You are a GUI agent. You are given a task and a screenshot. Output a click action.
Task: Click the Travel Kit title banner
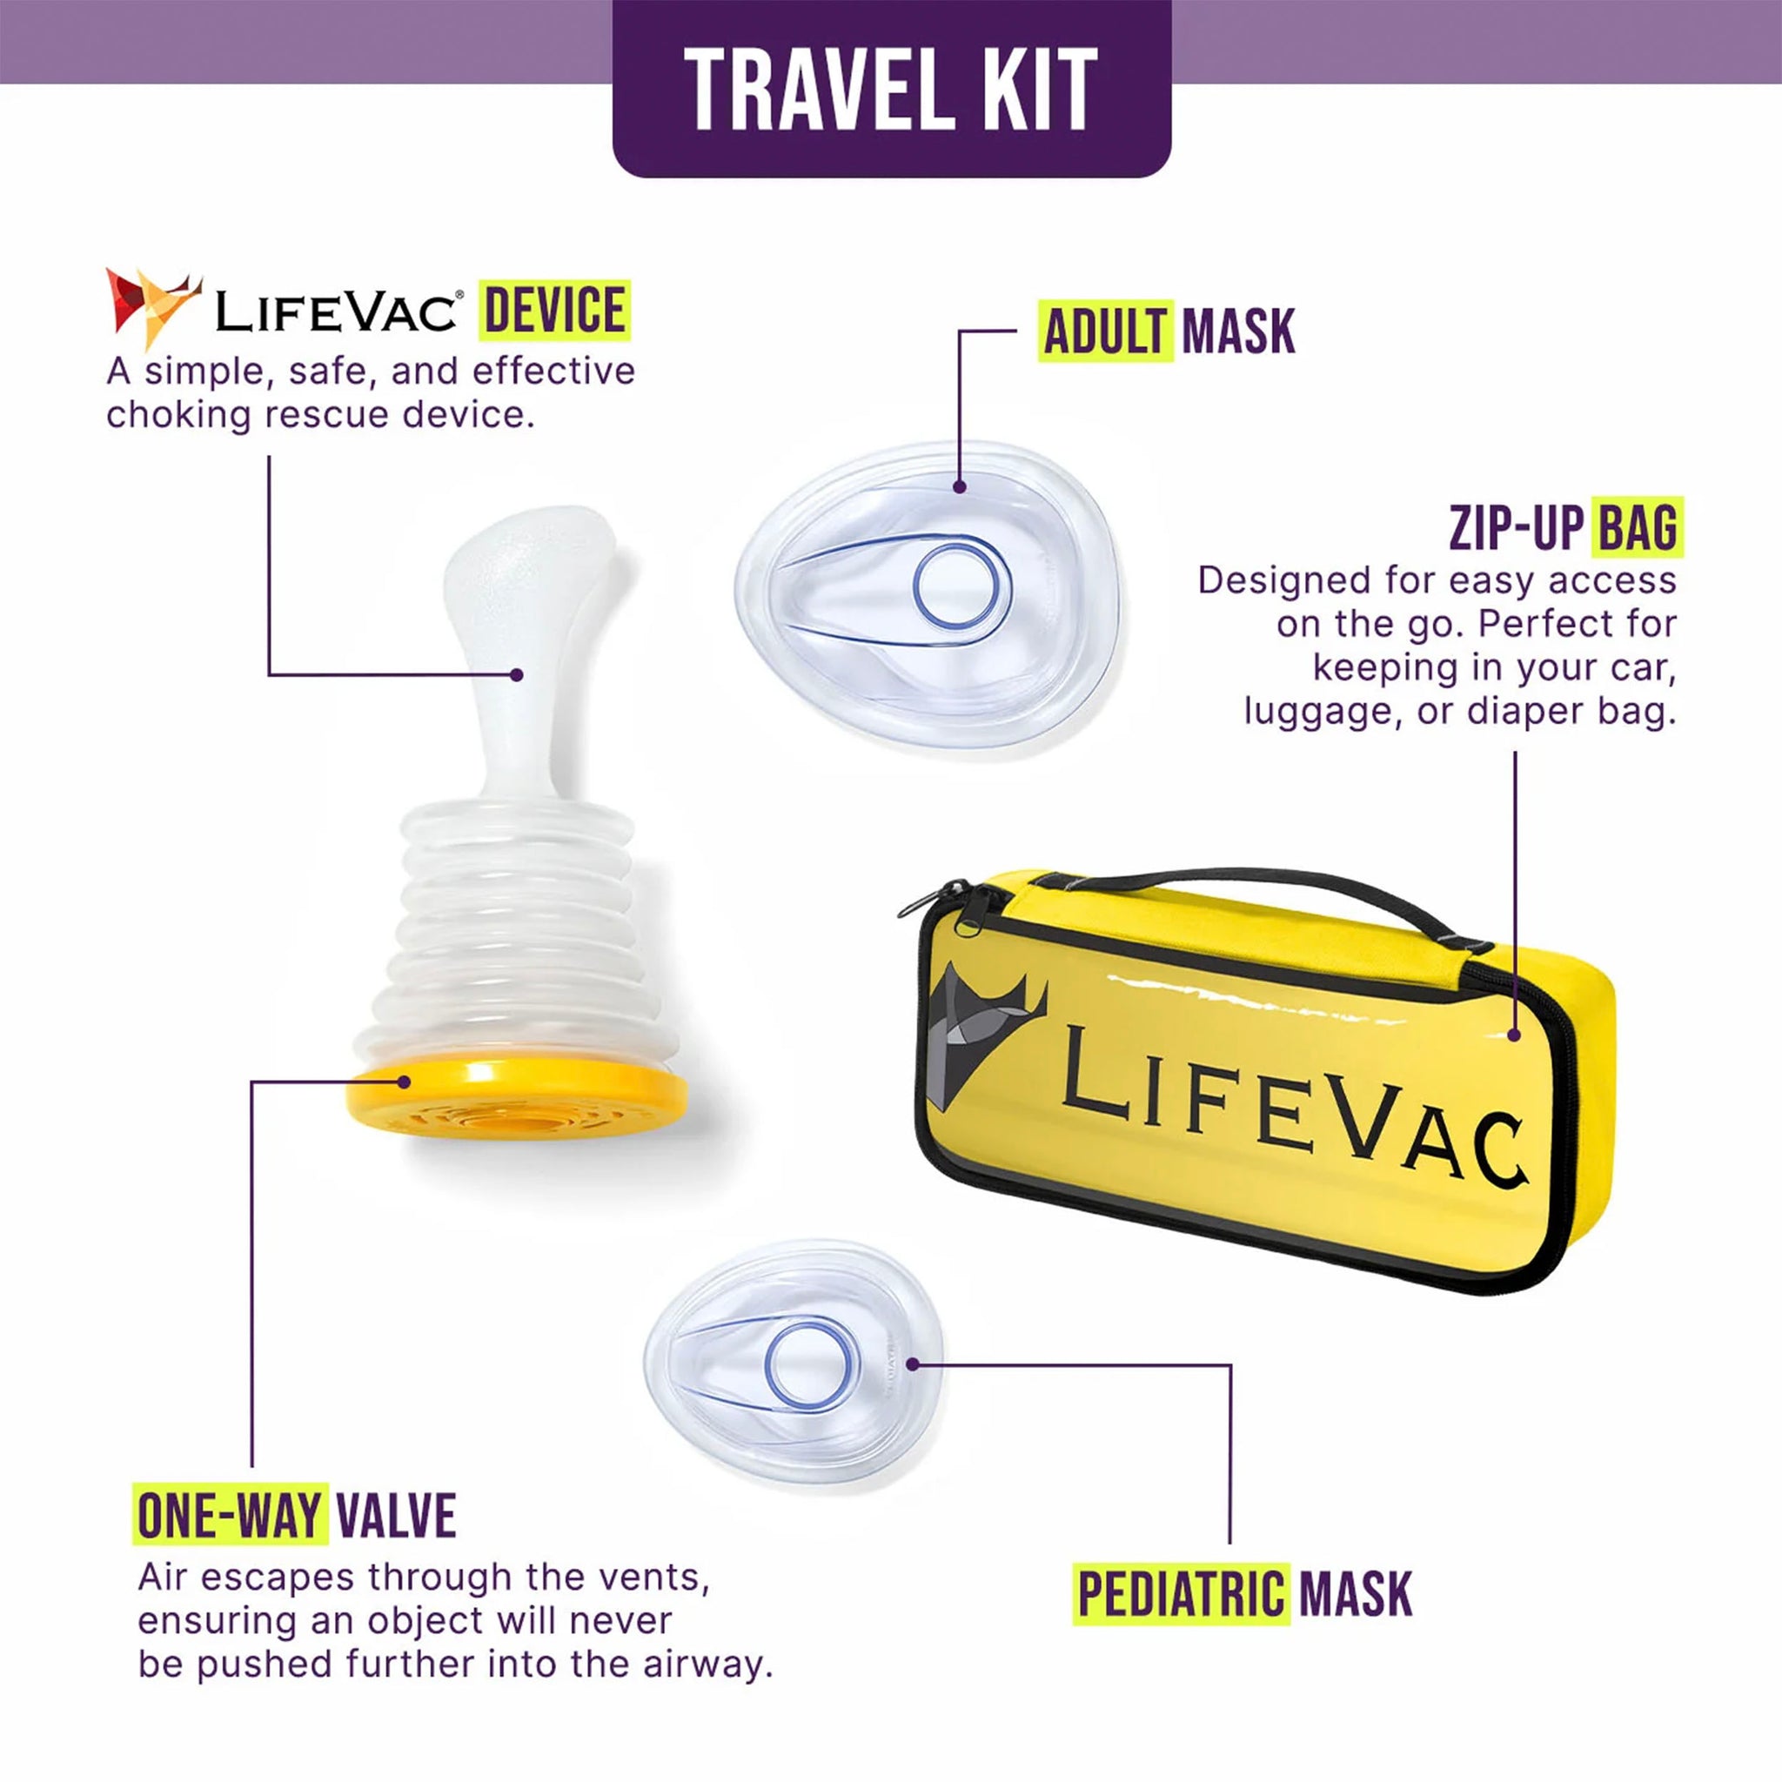pyautogui.click(x=891, y=89)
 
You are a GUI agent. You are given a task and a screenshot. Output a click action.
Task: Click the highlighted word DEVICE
pyautogui.click(x=554, y=310)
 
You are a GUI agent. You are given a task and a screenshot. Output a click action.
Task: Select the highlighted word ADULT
pyautogui.click(x=1105, y=332)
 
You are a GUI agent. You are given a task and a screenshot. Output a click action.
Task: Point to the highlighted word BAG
pyautogui.click(x=1638, y=527)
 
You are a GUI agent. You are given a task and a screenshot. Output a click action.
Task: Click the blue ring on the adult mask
pyautogui.click(x=962, y=586)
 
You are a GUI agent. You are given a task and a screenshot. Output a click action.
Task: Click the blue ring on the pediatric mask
pyautogui.click(x=812, y=1367)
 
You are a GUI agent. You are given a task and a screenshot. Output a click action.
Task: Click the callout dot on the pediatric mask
pyautogui.click(x=912, y=1364)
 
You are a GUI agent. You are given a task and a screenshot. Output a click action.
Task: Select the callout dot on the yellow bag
pyautogui.click(x=1514, y=1035)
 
